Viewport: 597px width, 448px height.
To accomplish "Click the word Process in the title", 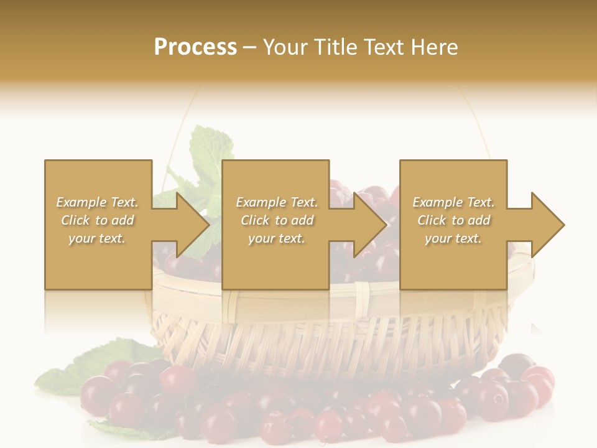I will [195, 47].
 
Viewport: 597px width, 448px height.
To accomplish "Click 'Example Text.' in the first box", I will [98, 202].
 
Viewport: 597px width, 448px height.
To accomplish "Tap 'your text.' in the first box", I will [98, 238].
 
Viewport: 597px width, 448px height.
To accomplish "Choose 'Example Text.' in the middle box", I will [277, 202].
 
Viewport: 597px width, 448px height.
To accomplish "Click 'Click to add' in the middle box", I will [277, 220].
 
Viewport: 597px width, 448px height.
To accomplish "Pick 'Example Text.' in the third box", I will [453, 202].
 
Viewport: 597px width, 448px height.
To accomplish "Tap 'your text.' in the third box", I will [453, 238].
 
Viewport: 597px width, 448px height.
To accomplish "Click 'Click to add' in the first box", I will [98, 220].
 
